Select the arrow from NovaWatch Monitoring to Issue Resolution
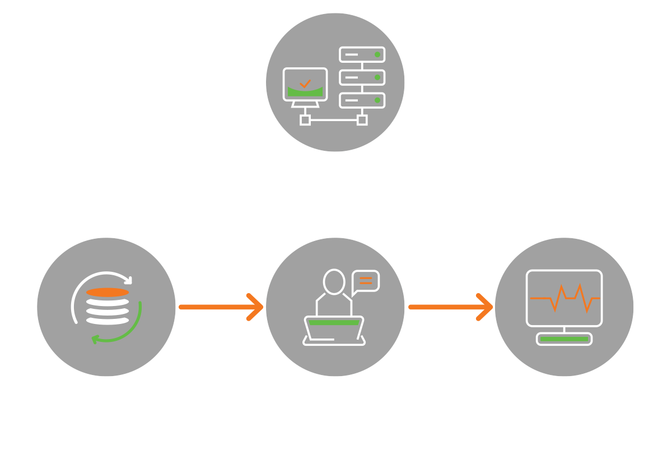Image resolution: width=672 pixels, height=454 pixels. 221,307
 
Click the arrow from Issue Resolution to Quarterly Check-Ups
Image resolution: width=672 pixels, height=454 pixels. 451,307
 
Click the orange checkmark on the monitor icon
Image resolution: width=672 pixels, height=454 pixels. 305,84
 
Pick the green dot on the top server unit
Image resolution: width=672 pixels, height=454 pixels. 377,54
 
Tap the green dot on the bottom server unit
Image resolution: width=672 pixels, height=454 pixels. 377,100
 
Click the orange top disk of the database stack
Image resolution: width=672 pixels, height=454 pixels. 108,292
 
